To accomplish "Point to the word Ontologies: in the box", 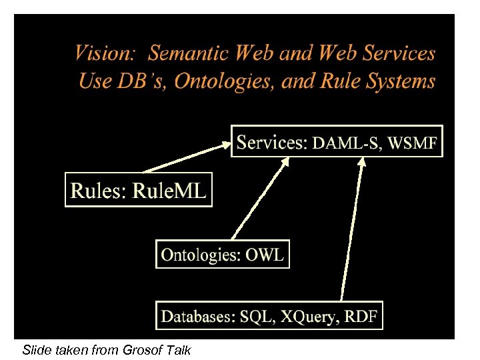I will (201, 254).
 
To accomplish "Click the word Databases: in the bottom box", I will (198, 316).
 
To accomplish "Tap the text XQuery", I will (305, 317).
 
